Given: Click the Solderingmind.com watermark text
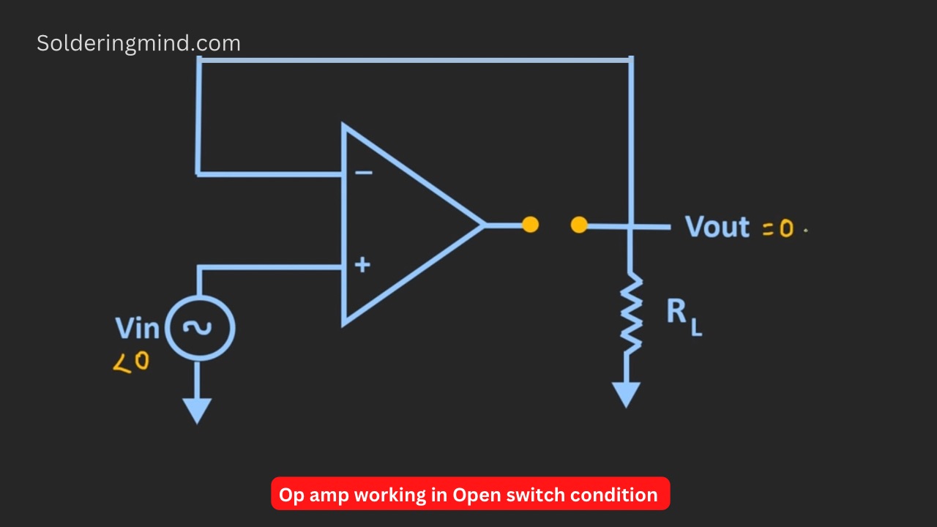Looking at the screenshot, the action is click(138, 44).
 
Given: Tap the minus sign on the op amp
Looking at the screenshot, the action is click(364, 172).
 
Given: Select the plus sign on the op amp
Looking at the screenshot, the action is click(362, 265).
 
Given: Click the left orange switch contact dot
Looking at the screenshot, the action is click(531, 225).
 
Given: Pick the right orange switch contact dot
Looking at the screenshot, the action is click(579, 225).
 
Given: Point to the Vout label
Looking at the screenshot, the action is click(717, 227).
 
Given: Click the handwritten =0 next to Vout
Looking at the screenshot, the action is click(778, 228).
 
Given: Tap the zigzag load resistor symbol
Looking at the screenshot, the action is click(631, 313).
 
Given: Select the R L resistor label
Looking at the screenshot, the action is click(684, 317).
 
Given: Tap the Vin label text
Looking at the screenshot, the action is click(137, 329).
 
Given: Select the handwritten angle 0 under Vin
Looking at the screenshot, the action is click(131, 362).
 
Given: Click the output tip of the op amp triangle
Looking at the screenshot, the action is click(485, 225).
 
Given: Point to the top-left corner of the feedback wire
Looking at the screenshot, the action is click(199, 60).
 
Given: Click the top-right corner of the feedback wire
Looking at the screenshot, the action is click(631, 60).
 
